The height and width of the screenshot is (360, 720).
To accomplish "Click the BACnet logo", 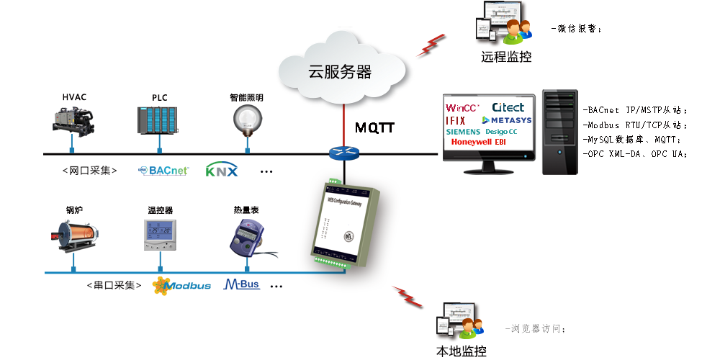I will (163, 171).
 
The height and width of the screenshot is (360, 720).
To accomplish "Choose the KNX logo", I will (221, 171).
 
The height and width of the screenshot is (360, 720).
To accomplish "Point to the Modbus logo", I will (181, 285).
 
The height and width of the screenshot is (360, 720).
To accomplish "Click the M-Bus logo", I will (242, 284).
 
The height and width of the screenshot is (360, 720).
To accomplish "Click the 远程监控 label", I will (506, 57).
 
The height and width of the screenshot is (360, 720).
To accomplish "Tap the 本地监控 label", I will (462, 351).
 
